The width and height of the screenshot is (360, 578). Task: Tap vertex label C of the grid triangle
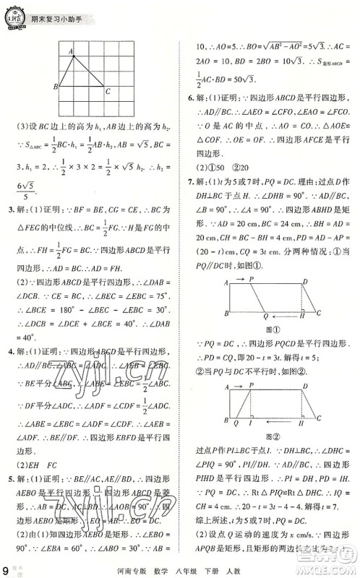[108, 92]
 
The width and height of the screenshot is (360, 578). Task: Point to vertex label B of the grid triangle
[56, 87]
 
